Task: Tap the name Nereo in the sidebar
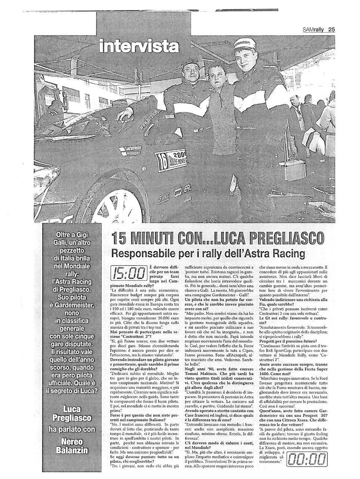71,442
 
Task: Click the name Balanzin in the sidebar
71,451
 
